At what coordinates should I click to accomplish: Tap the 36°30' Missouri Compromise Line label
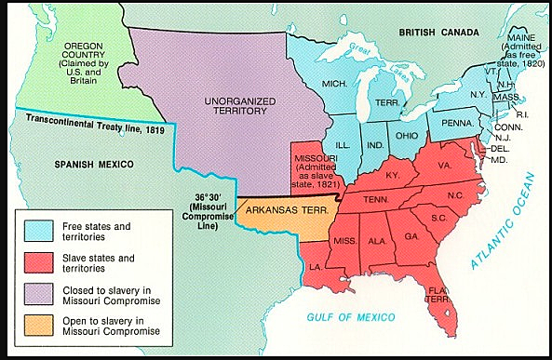coord(212,210)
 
